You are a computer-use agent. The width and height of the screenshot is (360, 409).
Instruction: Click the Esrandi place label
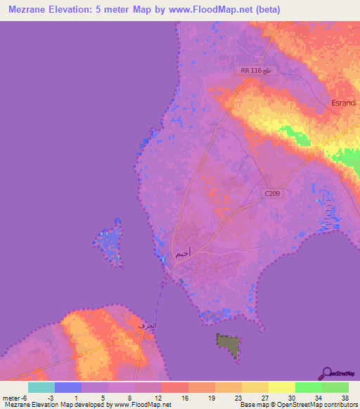[x=344, y=103]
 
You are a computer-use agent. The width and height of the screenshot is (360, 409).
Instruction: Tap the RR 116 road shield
[x=255, y=71]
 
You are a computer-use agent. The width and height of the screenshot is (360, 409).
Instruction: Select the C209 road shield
[x=273, y=193]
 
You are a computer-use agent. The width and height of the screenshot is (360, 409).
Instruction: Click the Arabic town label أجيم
[x=181, y=254]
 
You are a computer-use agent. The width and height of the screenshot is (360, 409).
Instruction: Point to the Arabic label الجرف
[x=146, y=326]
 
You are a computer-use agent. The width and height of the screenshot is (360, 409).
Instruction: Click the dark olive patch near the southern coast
[x=228, y=345]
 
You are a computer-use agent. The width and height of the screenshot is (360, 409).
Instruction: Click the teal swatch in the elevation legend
[x=41, y=387]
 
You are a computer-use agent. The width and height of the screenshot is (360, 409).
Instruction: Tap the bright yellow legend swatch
[x=282, y=387]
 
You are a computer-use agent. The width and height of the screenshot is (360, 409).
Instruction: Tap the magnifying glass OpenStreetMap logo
[x=326, y=373]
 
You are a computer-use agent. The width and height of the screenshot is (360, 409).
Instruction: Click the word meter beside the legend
[x=10, y=398]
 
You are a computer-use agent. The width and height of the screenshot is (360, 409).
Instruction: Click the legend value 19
[x=210, y=398]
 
